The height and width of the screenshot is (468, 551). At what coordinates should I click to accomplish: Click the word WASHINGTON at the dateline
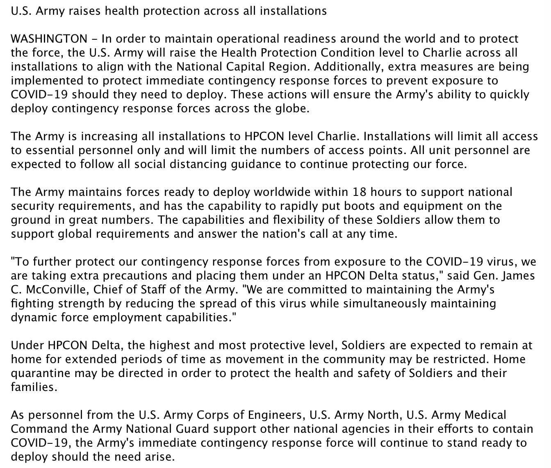pyautogui.click(x=49, y=39)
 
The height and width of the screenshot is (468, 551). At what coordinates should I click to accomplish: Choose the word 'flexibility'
pyautogui.click(x=298, y=220)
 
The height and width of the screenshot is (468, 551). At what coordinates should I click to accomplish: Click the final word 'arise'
pyautogui.click(x=158, y=457)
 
